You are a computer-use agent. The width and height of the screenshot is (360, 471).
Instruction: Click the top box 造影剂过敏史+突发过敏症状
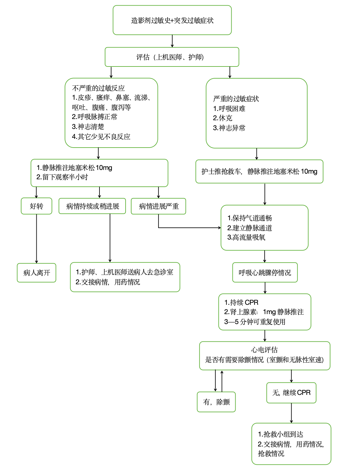[x=172, y=20]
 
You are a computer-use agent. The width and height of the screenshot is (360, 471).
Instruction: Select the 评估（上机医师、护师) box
[x=172, y=57]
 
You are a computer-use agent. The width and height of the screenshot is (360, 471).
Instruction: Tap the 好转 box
[x=36, y=206]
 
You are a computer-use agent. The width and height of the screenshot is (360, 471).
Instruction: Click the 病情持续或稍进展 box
[x=92, y=206]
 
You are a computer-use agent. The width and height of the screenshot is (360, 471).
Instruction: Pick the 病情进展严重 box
[x=158, y=206]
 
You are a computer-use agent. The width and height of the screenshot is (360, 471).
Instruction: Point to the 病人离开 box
[x=36, y=273]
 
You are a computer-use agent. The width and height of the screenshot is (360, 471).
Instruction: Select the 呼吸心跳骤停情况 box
[x=265, y=272]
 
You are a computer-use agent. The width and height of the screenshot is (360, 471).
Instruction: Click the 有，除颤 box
[x=216, y=402]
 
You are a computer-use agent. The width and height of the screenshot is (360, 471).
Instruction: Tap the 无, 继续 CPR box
[x=291, y=393]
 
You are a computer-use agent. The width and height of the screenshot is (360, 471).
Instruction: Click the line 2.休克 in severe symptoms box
[x=223, y=118]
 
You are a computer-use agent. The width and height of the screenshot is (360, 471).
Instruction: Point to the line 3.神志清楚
[x=88, y=127]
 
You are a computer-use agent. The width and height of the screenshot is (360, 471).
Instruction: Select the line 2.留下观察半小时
[x=62, y=177]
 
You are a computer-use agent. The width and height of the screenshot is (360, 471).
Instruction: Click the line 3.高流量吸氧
[x=246, y=237]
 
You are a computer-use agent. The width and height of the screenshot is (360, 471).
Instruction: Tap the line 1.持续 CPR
[x=241, y=302]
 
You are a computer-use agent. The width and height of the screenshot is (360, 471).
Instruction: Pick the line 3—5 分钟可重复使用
[x=255, y=322]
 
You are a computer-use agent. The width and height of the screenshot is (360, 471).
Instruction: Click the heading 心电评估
[x=265, y=350]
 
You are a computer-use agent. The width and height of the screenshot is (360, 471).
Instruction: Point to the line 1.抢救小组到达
[x=280, y=434]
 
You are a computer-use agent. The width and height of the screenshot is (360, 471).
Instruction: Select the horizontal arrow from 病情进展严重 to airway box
[x=190, y=228]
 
